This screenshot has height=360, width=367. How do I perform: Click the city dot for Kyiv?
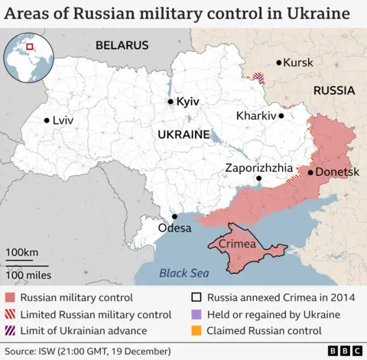pos(171,102)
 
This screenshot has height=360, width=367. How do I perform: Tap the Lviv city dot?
pos(47,120)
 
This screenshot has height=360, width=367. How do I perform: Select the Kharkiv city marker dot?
pos(281,116)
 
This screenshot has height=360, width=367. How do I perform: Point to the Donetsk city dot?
pos(310,172)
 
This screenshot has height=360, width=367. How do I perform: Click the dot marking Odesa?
pos(174,216)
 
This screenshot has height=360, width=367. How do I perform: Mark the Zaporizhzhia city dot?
pos(258,179)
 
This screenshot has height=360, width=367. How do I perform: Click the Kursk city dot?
pos(278,63)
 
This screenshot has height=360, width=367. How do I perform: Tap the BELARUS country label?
pos(121,46)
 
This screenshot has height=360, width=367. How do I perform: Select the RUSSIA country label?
pos(333,90)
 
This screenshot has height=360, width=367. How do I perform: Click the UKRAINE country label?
pos(183,135)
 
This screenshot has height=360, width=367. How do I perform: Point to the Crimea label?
pos(235,243)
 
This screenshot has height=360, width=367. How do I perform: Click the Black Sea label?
pos(183,273)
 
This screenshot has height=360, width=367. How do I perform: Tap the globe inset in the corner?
pos(28,58)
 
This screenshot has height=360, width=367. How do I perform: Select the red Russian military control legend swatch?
pos(11,298)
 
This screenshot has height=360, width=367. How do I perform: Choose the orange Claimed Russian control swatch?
pos(196,331)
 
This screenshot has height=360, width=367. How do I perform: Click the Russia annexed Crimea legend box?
pos(196,298)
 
